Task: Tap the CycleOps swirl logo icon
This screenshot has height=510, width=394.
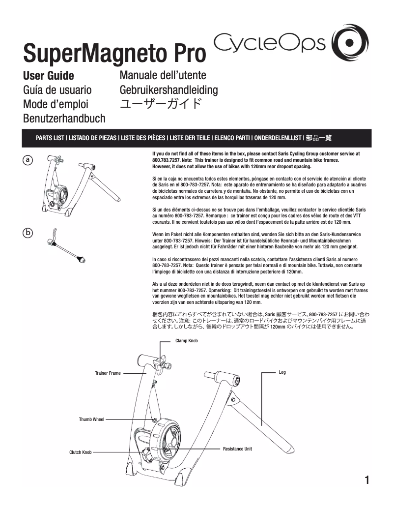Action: point(349,43)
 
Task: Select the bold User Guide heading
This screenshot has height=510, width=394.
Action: point(49,76)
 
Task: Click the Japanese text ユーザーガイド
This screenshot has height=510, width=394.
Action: point(161,104)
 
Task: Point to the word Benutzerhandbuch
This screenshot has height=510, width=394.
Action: point(64,119)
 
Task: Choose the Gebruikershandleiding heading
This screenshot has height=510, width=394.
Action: point(169,90)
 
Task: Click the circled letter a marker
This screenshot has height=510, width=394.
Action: point(28,160)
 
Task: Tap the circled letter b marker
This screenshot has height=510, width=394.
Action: point(28,233)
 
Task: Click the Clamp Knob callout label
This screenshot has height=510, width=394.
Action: point(186,340)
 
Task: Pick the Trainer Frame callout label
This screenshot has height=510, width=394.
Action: point(108,373)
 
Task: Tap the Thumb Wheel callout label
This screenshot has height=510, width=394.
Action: point(91,420)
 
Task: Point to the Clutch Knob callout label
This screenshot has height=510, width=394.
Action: point(80,452)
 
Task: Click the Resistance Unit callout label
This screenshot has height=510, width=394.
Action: point(237,449)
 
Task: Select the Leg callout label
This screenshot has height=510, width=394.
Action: point(282,372)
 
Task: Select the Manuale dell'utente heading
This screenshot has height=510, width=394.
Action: point(163,76)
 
